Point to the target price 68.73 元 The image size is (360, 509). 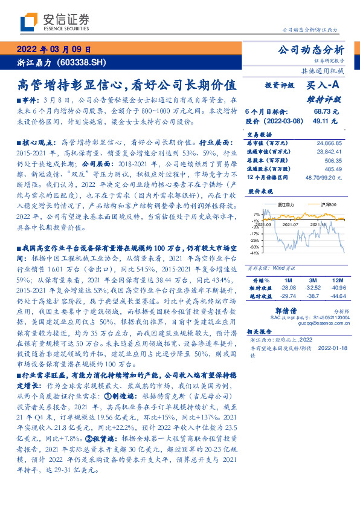click(x=326, y=112)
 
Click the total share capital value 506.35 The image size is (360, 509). click(x=333, y=161)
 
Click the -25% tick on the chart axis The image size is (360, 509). click(x=256, y=240)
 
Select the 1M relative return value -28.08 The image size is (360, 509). click(x=287, y=288)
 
